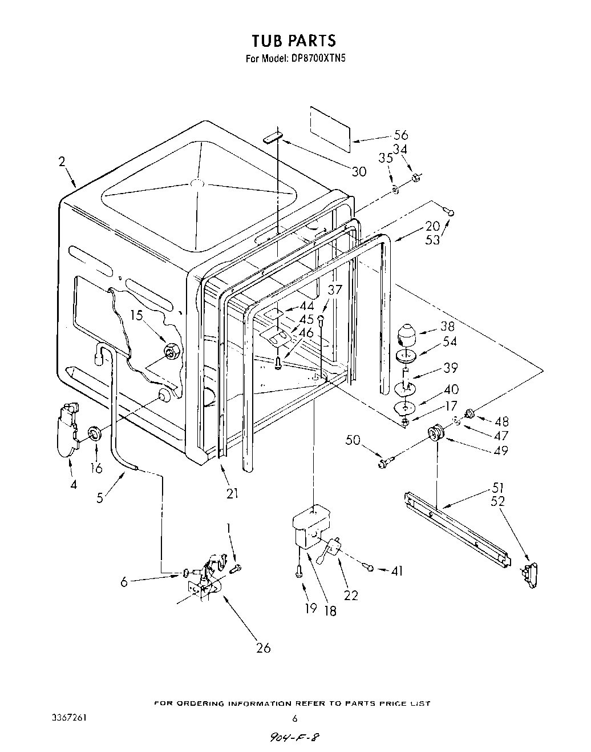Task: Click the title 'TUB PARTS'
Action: pos(294,41)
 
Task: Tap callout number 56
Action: pos(401,135)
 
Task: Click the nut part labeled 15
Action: pos(171,352)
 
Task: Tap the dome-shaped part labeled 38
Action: pos(408,332)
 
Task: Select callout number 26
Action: pos(264,648)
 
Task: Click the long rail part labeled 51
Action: pos(456,528)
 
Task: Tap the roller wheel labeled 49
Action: pos(436,433)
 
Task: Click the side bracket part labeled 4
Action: pos(67,429)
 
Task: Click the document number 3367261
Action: pos(68,718)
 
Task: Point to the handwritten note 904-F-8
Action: pos(294,737)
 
